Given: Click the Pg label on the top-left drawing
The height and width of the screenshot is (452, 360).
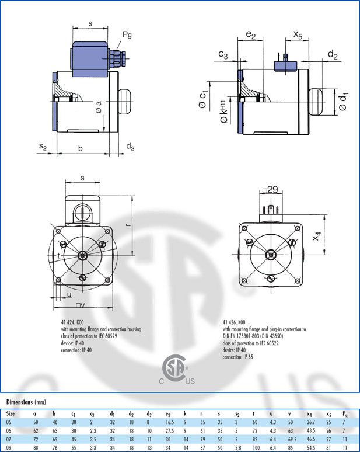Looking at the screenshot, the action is tap(127, 35).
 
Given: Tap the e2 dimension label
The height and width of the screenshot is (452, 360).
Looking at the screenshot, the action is tap(251, 34).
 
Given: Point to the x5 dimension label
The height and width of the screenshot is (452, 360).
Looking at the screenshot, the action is tap(298, 34).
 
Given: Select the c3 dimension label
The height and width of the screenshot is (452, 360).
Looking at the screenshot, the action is tap(223, 54).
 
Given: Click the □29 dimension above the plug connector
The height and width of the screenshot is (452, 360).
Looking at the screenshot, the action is tap(270, 189).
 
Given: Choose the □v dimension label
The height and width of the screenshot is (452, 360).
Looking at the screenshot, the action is tap(81, 305).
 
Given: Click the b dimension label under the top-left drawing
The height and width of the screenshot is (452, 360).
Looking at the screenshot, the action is tap(81, 148).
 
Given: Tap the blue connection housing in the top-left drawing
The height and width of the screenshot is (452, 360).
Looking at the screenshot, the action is tap(90, 59).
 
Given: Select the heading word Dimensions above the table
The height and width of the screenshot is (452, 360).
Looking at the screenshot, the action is tap(20, 402).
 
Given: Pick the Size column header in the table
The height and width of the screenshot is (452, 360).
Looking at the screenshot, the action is tap(11, 413).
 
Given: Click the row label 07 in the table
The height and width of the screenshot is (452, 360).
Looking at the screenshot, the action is tap(9, 439).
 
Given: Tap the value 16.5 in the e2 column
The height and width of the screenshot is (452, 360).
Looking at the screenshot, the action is tap(170, 422).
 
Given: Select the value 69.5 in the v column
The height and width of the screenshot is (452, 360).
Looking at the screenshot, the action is tap(291, 439).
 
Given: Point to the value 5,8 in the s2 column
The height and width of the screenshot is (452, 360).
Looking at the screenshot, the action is tap(237, 448).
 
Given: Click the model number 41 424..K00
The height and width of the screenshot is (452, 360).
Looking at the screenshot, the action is tap(72, 322).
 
